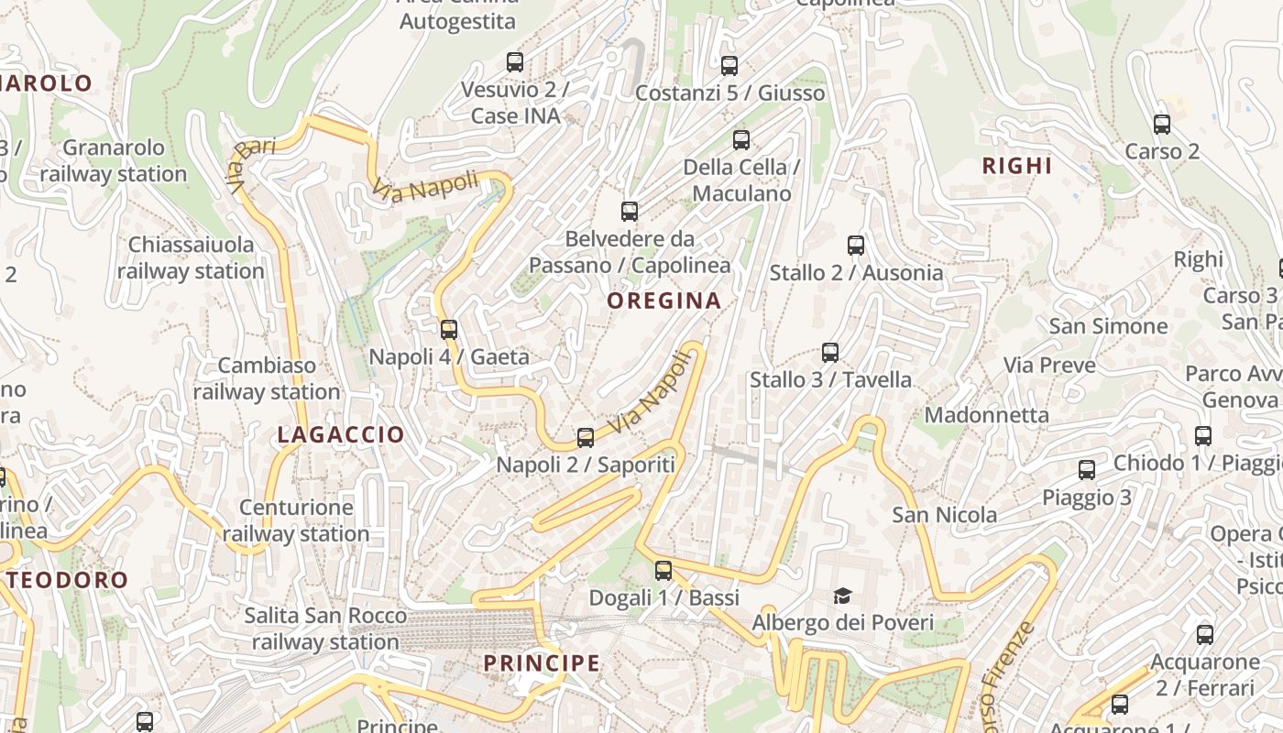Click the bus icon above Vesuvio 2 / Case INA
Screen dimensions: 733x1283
coord(515,62)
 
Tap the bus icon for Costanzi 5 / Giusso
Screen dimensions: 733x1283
coord(729,66)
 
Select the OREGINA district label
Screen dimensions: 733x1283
coord(664,301)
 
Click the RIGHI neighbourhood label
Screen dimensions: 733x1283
coord(1017,166)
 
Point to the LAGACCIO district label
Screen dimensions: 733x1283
coord(341,435)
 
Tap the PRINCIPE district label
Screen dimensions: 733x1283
coord(542,663)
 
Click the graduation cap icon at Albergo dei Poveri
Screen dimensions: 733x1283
coord(842,596)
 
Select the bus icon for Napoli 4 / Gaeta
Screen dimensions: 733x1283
coord(449,330)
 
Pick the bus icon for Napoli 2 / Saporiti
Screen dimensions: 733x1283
coord(586,438)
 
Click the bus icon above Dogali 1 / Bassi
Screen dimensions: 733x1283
coord(663,571)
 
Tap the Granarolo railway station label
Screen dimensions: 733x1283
coord(114,160)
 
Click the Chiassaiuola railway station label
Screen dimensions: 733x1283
coord(191,257)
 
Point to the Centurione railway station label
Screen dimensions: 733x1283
coord(295,520)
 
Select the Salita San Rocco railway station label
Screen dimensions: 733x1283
coord(325,629)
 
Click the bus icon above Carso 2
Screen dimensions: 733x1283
coord(1162,125)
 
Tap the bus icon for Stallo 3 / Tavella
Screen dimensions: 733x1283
coord(830,353)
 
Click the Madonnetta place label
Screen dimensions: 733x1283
coord(986,415)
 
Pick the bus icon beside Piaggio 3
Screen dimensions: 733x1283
coord(1087,471)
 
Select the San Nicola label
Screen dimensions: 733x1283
coord(945,515)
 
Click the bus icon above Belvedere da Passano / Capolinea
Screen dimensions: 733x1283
coord(630,212)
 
